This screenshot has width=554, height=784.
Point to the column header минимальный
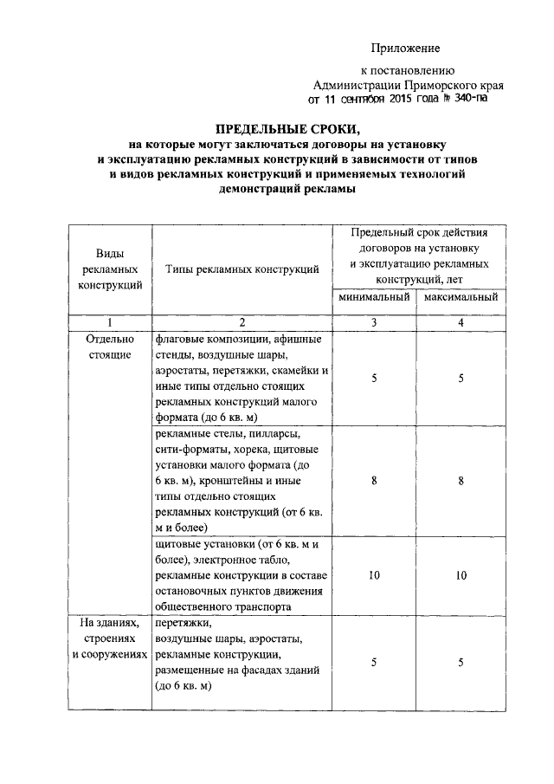(x=374, y=297)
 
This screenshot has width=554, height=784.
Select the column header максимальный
(x=461, y=297)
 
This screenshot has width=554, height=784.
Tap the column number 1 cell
(x=110, y=322)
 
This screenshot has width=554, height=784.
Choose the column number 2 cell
(x=242, y=322)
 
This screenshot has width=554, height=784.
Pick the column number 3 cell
(x=374, y=322)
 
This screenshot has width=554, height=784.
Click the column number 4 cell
(x=461, y=322)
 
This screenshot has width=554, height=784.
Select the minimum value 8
(x=374, y=480)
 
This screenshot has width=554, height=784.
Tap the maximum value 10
(x=461, y=575)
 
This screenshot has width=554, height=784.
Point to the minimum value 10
(x=374, y=575)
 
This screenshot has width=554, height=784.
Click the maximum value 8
(x=461, y=480)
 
